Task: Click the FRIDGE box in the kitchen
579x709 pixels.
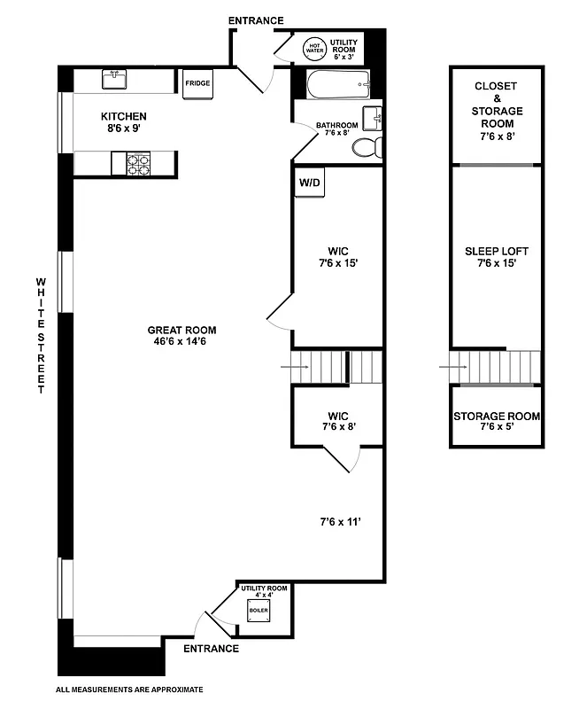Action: click(x=197, y=83)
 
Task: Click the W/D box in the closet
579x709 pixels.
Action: click(x=309, y=183)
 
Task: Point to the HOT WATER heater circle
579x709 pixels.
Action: click(x=314, y=48)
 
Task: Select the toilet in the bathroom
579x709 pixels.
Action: click(x=364, y=147)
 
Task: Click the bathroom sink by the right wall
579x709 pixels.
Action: click(x=374, y=117)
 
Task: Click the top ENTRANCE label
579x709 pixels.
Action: click(x=255, y=20)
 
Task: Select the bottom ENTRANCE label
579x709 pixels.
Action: click(x=211, y=649)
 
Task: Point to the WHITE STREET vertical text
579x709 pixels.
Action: click(x=40, y=335)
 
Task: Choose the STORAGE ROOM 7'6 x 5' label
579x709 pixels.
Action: click(x=496, y=422)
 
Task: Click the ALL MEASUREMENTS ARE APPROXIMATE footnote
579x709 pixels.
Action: click(x=130, y=689)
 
